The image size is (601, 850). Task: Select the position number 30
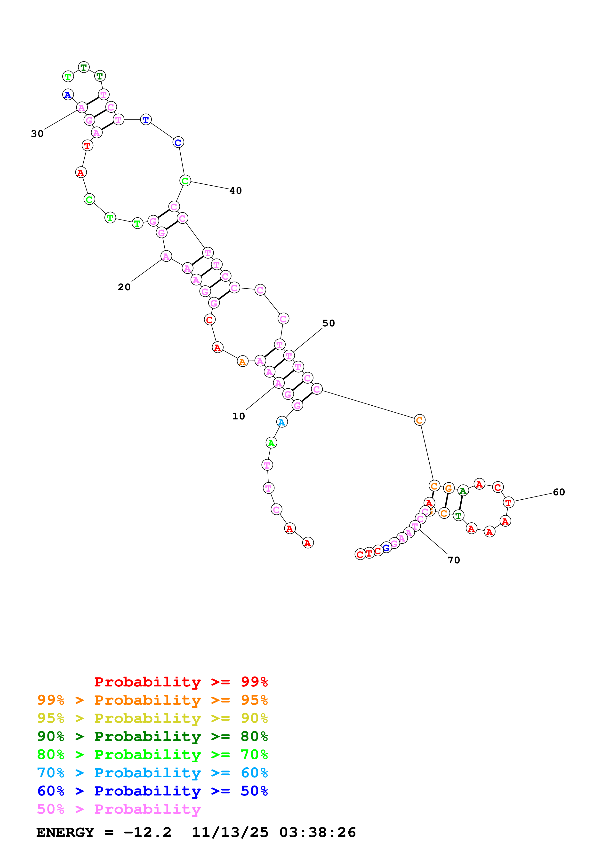click(37, 134)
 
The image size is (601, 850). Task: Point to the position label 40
click(235, 191)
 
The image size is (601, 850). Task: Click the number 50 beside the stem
click(329, 323)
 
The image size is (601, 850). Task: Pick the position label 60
click(559, 492)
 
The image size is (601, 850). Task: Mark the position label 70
click(454, 560)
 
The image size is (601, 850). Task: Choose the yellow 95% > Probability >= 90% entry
click(152, 718)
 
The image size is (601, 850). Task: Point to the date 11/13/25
click(230, 833)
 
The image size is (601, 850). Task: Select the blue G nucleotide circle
click(386, 548)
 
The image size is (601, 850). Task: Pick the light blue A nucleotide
click(282, 422)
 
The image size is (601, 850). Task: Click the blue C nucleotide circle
click(178, 142)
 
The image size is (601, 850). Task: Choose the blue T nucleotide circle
click(146, 120)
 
